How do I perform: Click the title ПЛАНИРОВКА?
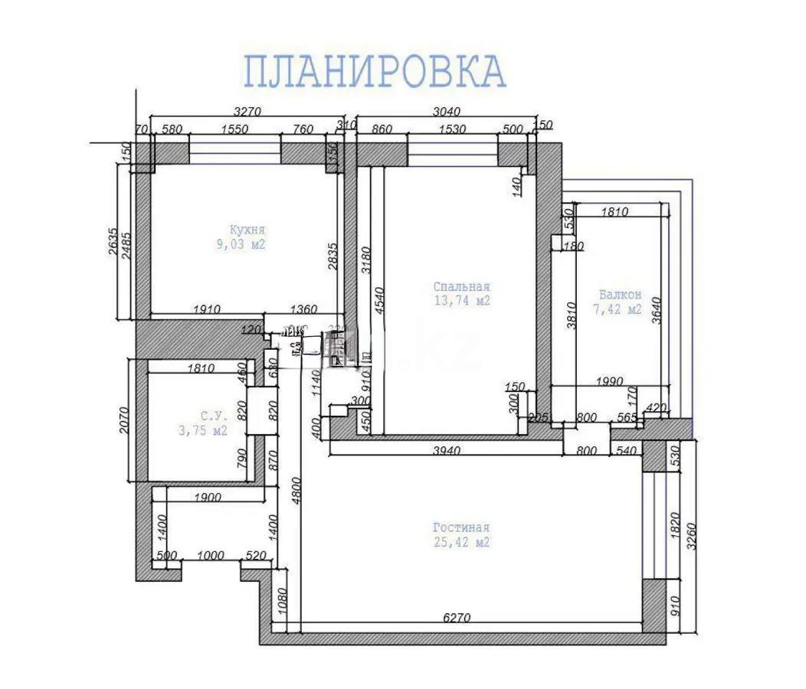(375, 71)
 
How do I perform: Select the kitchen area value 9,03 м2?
(241, 245)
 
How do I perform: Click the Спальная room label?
(460, 287)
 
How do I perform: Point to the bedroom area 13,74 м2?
(460, 302)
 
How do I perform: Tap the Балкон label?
(620, 295)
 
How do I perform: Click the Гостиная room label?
(460, 528)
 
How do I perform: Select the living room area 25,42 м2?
(460, 543)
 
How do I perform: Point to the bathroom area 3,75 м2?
(203, 430)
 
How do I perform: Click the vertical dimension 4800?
(297, 498)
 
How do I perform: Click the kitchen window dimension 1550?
(234, 129)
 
